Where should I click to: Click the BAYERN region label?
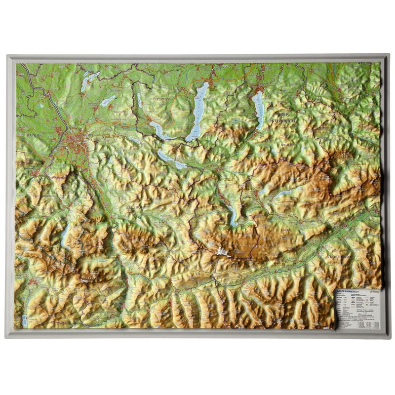pos(35,134)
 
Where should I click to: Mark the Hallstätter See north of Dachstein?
pos(232,214)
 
